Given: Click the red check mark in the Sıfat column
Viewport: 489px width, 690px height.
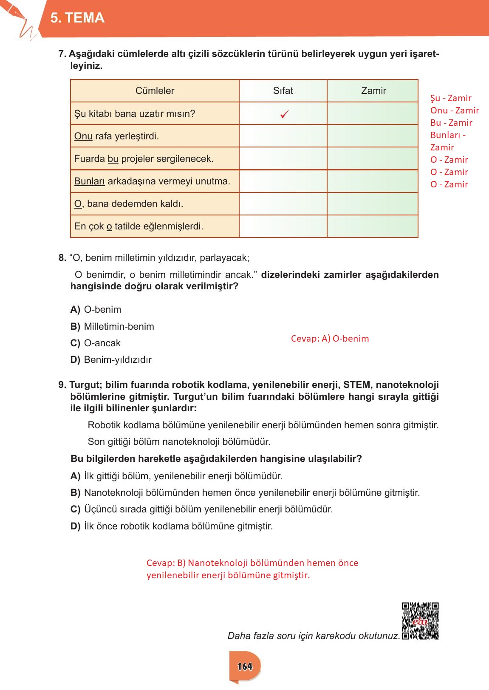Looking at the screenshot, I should coord(285,114).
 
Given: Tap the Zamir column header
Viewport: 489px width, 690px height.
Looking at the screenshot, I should coord(373,90).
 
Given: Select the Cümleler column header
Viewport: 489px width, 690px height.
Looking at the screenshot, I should coord(155,90).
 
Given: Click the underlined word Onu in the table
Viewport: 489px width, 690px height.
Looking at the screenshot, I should coord(83,136).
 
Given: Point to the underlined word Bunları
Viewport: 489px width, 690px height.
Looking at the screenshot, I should coord(89,181).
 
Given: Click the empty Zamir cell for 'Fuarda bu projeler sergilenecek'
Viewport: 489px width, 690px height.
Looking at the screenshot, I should coord(372,158).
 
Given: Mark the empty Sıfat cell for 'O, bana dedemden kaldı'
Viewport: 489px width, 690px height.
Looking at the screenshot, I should coord(283,204).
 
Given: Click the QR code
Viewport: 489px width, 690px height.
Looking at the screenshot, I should coord(420,621).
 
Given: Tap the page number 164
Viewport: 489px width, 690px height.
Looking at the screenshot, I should coord(245,666).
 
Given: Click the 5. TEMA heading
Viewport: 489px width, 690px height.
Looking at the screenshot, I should coord(77,18).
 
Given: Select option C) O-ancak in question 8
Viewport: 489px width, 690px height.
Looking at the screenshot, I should coord(96,343).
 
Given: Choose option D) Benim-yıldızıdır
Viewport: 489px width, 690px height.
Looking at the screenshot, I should coord(111,359).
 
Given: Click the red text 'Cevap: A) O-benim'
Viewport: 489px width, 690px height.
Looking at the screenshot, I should coord(330,339).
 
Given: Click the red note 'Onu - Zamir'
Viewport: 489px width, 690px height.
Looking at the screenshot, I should coord(454,110).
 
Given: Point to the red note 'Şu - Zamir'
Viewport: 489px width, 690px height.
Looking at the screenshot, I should coord(451,98).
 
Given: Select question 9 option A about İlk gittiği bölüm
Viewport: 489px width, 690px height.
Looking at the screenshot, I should coord(176,476).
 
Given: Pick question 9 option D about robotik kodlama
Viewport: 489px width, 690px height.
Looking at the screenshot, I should coord(172,526).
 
